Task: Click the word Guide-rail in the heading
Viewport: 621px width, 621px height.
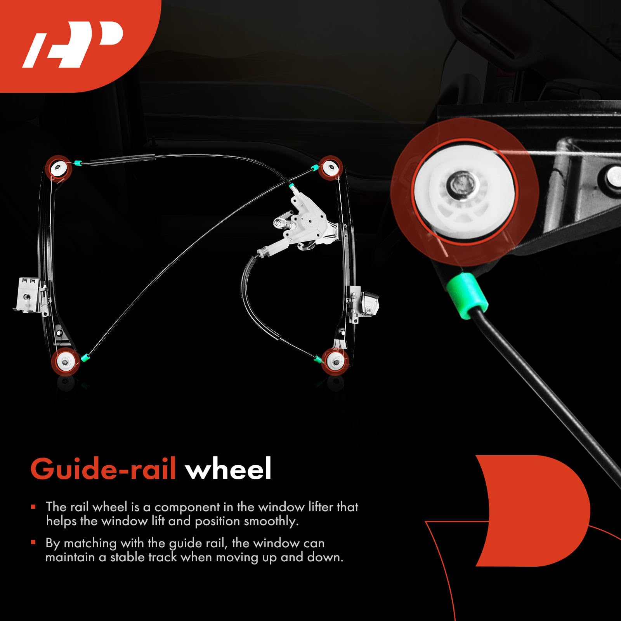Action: coord(103,469)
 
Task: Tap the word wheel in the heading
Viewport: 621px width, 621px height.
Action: coord(228,469)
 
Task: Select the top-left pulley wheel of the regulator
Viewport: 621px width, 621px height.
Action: coord(59,168)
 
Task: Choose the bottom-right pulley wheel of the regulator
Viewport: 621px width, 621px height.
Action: coord(335,362)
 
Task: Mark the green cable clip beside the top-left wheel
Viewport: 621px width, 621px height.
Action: coord(77,163)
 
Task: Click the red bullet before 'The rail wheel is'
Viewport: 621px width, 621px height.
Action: coord(33,507)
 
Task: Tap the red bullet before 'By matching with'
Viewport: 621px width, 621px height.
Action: coord(33,542)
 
